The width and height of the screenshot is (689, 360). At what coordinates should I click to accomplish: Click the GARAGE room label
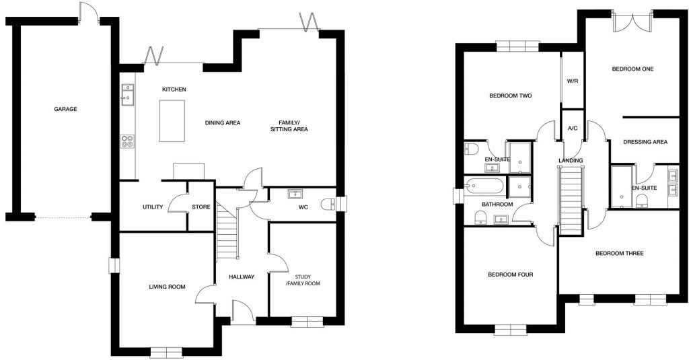[x=65, y=109]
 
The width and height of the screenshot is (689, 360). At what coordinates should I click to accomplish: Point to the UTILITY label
[x=153, y=207]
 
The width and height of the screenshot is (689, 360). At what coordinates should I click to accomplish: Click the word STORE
[x=201, y=207]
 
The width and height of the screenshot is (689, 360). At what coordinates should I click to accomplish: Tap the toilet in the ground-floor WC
[x=329, y=204]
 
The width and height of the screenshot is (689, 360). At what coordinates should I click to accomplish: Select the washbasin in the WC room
[x=295, y=194]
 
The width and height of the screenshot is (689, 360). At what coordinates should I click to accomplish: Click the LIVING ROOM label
[x=167, y=287]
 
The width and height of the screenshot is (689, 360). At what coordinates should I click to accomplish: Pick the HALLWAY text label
[x=242, y=277]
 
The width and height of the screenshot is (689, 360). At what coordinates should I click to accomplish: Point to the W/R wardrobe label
[x=573, y=81]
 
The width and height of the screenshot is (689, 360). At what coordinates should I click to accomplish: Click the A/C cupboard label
[x=573, y=128]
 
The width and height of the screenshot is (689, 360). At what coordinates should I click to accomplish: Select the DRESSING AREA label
[x=645, y=142]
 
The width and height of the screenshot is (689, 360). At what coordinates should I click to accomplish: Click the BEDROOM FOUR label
[x=511, y=275]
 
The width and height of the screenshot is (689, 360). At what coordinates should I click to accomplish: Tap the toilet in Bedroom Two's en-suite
[x=471, y=148]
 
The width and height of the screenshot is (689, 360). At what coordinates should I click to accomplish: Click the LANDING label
[x=570, y=160]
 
